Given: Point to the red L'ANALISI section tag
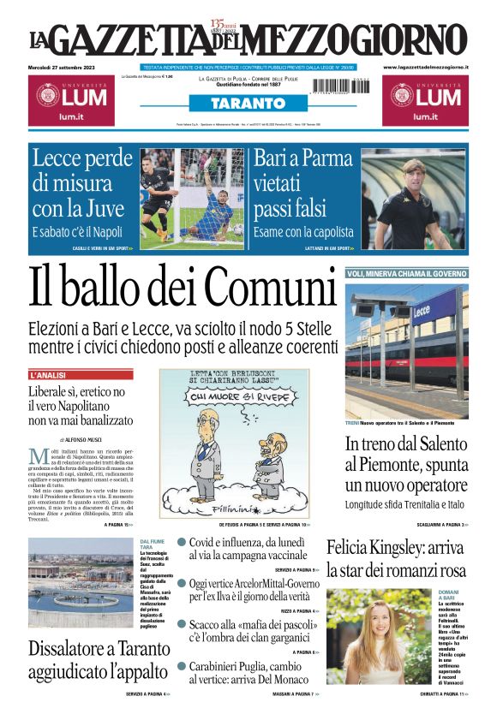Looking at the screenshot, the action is (54, 375).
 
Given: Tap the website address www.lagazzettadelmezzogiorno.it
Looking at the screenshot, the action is (425, 67).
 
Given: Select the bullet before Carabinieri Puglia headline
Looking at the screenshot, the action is (182, 666).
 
